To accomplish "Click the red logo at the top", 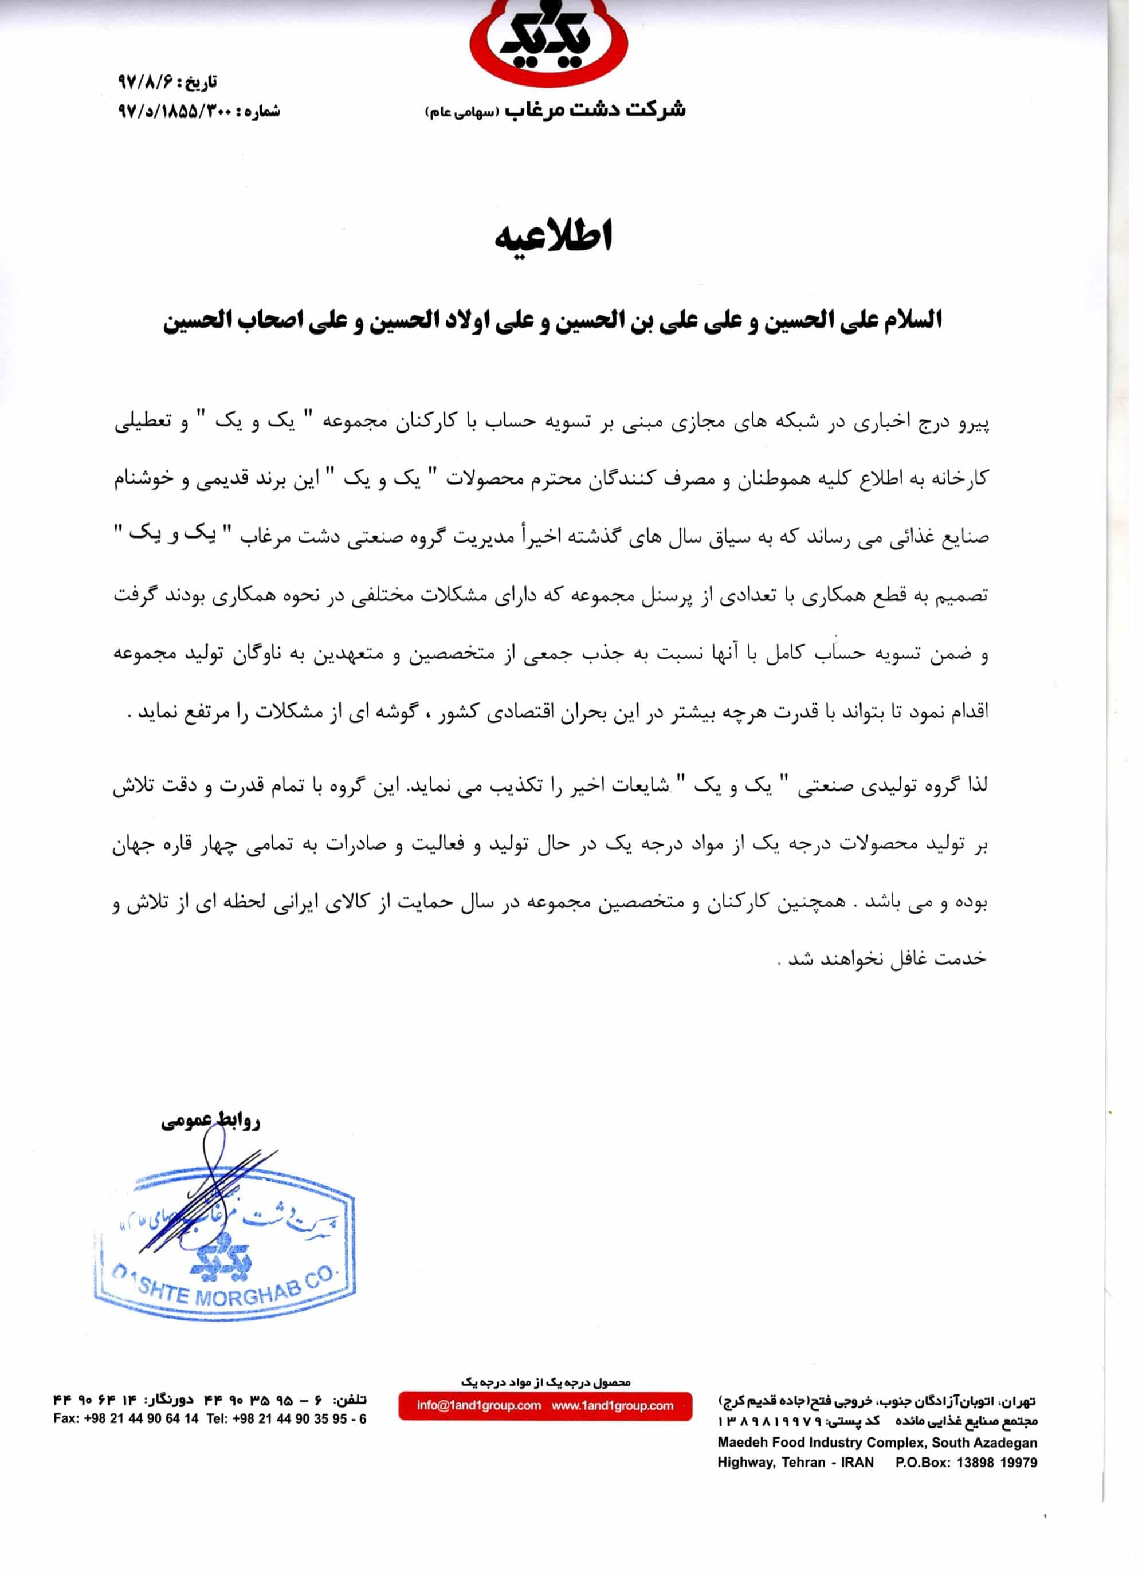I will pos(549,42).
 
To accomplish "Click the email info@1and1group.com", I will pos(479,1406).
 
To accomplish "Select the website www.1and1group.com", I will pos(613,1406).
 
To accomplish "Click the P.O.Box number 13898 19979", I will pos(996,1463).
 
